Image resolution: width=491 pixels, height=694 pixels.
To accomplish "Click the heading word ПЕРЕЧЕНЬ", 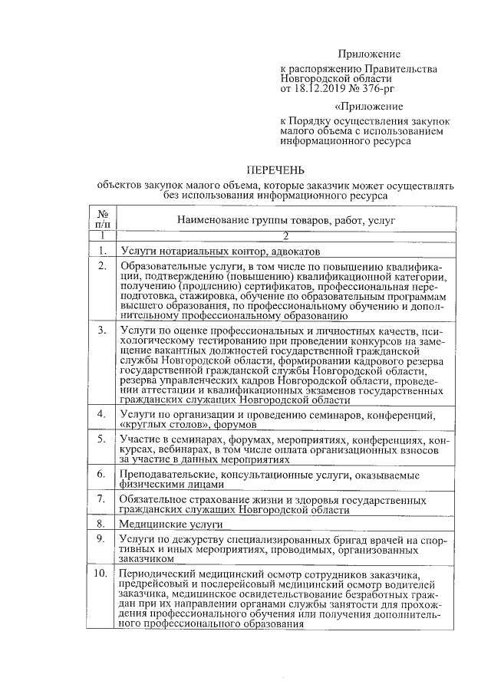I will [275, 169].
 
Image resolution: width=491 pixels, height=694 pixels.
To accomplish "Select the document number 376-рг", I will [377, 88].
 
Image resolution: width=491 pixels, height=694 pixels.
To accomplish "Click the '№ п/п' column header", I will [102, 219].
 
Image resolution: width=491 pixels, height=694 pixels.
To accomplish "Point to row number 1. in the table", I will [102, 251].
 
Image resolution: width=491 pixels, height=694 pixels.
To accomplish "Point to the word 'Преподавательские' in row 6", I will [162, 475].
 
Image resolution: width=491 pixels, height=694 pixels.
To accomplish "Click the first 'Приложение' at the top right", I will [370, 54].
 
